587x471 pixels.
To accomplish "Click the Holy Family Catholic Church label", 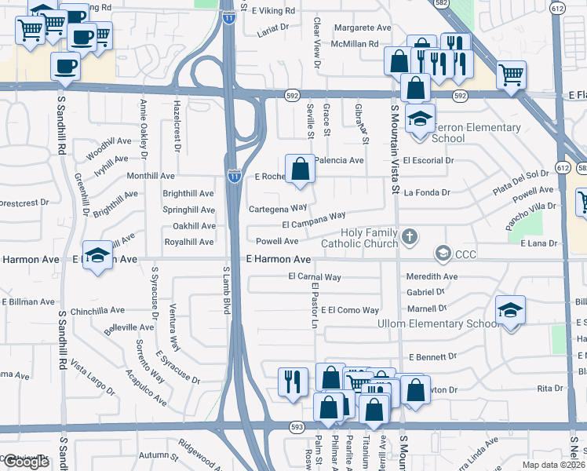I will pos(369,238).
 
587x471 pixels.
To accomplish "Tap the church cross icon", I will pos(409,236).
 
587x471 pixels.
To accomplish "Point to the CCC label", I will pos(466,254).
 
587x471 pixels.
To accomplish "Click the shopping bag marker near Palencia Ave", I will pos(300,168).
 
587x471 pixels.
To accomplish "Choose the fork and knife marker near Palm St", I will pos(293,382).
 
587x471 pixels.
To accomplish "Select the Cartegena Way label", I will pos(277,208).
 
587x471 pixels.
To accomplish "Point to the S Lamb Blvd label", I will pos(226,291).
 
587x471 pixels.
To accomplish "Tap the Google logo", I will pos(26,462).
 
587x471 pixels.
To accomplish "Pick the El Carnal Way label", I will pos(315,276).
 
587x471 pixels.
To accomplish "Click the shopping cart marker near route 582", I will pos(512,75).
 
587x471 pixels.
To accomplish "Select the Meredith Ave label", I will pos(432,276).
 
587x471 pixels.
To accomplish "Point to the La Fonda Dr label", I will pos(427,192).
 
